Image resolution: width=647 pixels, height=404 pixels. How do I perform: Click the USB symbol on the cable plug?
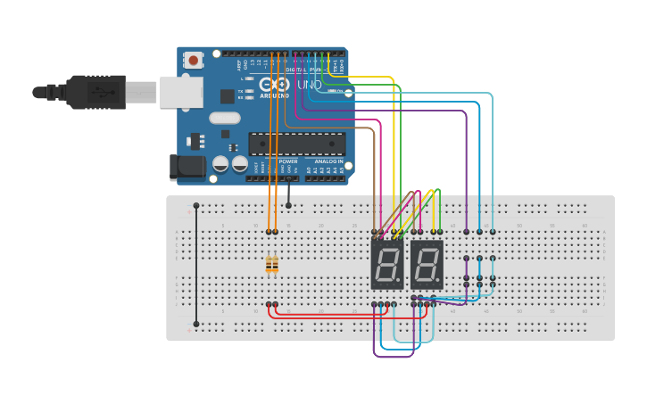pos(100,92)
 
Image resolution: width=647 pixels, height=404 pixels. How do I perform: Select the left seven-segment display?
pos(387,264)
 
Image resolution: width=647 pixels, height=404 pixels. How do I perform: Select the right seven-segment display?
pos(427,264)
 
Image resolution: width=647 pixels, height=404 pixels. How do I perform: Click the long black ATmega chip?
pos(296,144)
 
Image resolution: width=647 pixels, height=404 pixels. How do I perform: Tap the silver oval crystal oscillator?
pos(225,118)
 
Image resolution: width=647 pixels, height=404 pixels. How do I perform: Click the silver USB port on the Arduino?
pos(180,92)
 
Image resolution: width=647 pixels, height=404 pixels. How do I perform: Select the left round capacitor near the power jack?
pos(220,164)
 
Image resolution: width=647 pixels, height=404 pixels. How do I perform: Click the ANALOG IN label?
pos(328,161)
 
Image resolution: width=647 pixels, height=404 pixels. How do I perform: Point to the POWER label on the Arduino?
pos(287,161)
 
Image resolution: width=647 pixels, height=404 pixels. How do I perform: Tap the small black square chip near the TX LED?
pos(227,95)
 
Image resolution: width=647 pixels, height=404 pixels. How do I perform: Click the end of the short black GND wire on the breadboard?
pos(288,205)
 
